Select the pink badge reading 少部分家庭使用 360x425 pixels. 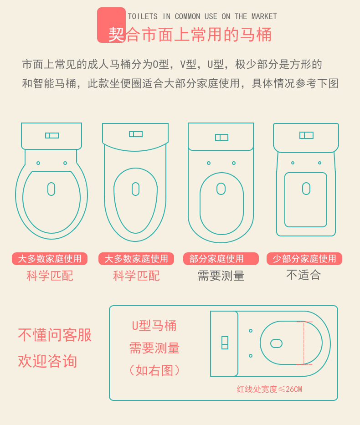pyautogui.click(x=304, y=259)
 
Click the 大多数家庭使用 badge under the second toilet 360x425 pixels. pyautogui.click(x=136, y=259)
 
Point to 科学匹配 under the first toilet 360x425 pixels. pyautogui.click(x=50, y=276)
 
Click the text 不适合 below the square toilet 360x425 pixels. pyautogui.click(x=303, y=275)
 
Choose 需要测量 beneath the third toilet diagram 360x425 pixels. pyautogui.click(x=221, y=276)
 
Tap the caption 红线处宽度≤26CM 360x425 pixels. pyautogui.click(x=269, y=389)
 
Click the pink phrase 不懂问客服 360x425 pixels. pyautogui.click(x=55, y=335)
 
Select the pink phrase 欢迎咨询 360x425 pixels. pyautogui.click(x=47, y=361)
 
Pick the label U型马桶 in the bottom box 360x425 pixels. pyautogui.click(x=154, y=326)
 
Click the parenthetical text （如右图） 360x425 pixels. pyautogui.click(x=154, y=370)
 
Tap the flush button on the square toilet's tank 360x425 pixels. pyautogui.click(x=306, y=135)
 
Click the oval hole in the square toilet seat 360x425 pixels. pyautogui.click(x=306, y=189)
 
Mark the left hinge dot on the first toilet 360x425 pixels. pyautogui.click(x=38, y=163)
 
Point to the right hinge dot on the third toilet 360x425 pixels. pyautogui.click(x=234, y=163)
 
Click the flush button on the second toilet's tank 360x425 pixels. pyautogui.click(x=136, y=134)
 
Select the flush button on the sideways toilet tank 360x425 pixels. pyautogui.click(x=225, y=343)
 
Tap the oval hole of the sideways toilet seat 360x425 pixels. pyautogui.click(x=276, y=343)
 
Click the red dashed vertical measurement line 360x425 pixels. pyautogui.click(x=304, y=343)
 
